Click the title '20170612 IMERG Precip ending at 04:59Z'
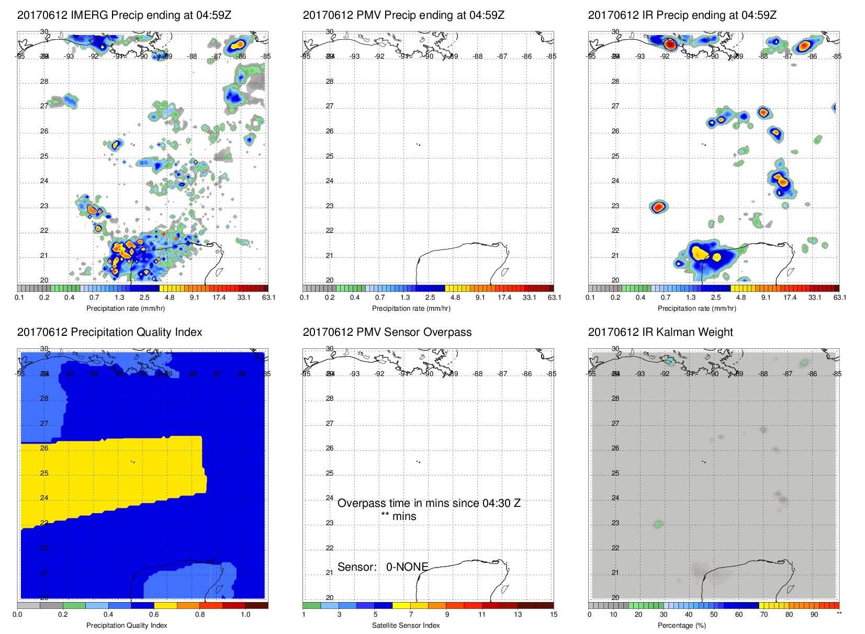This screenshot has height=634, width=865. (124, 15)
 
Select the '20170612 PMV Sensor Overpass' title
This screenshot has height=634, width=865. (387, 332)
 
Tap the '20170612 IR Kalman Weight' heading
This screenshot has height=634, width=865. (660, 332)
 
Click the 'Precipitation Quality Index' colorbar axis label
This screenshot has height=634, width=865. (127, 625)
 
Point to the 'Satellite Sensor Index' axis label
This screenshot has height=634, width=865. (406, 625)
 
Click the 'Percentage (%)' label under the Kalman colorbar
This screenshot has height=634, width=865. (681, 625)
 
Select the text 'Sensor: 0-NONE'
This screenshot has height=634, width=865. (383, 567)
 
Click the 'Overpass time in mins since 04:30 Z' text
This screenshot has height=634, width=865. (429, 503)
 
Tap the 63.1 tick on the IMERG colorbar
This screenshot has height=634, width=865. (268, 298)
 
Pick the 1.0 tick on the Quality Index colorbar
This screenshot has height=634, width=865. (245, 615)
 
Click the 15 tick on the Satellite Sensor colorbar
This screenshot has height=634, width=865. (553, 615)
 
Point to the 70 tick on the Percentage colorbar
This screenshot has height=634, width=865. (763, 615)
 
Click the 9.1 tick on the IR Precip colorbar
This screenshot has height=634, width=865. (766, 298)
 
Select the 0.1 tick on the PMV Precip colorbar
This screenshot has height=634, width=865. (305, 298)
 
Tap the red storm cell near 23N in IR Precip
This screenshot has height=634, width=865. (659, 207)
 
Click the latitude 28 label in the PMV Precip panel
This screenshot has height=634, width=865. (330, 82)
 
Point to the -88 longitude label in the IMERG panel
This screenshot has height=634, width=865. (193, 56)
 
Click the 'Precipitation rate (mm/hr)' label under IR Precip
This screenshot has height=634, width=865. (697, 309)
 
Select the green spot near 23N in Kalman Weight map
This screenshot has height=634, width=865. (658, 524)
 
